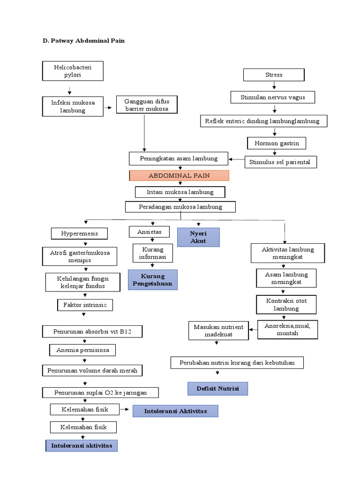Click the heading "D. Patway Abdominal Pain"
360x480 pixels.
click(x=83, y=41)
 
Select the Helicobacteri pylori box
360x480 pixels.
click(x=73, y=71)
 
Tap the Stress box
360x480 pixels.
click(x=274, y=75)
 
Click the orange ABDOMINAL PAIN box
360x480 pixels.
click(x=179, y=176)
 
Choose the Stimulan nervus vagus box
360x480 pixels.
click(x=273, y=97)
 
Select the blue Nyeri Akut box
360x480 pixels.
click(x=198, y=237)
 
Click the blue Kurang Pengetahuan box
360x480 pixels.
click(x=153, y=280)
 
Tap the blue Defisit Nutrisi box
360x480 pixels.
click(x=217, y=389)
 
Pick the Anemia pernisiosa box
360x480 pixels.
click(x=82, y=350)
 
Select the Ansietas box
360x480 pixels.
click(x=149, y=232)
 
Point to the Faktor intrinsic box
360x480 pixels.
click(x=85, y=305)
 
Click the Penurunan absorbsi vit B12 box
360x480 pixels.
click(x=92, y=332)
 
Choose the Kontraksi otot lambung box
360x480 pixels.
click(x=286, y=304)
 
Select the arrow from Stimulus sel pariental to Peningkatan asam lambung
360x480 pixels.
click(x=237, y=160)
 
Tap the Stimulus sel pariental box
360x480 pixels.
click(x=281, y=162)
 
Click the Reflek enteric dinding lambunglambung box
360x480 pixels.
click(x=262, y=121)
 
